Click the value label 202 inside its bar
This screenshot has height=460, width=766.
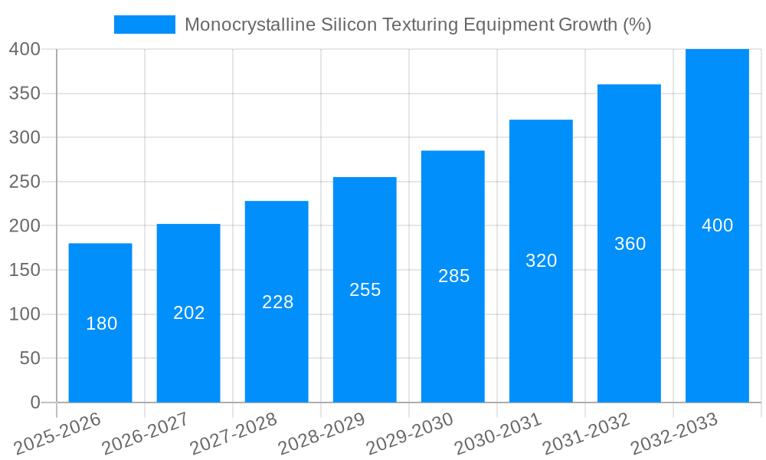[189, 313]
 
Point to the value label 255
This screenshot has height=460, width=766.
[365, 290]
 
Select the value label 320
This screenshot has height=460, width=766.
[541, 261]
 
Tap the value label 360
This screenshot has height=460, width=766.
[630, 244]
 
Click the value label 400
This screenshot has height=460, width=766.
[717, 225]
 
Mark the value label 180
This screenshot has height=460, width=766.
[102, 324]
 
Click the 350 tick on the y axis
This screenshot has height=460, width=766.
[25, 94]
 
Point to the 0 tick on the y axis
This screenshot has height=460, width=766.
[34, 402]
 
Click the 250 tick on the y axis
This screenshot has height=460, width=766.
[25, 182]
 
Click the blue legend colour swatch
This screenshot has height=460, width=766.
[145, 25]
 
